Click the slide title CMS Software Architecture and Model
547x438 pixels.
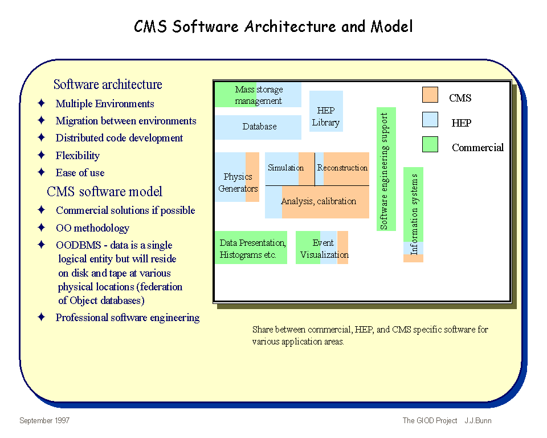(273, 27)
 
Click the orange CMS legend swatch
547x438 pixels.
(430, 95)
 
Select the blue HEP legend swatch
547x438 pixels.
(430, 119)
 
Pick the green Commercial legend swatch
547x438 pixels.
(430, 144)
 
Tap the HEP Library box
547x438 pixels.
(326, 111)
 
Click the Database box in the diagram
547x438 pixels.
(258, 128)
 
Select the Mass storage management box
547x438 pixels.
(258, 95)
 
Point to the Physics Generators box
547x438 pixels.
(237, 177)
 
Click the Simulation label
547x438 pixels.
(285, 168)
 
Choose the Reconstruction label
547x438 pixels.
(342, 168)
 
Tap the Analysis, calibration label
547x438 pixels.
(319, 201)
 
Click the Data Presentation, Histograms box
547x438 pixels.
(251, 248)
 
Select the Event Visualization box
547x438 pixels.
(322, 248)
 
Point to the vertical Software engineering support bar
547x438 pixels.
(386, 169)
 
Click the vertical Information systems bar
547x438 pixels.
(414, 214)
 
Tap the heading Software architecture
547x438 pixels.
(108, 84)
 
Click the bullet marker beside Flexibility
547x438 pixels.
(42, 155)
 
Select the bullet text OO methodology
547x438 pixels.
(92, 228)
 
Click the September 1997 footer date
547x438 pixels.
(44, 420)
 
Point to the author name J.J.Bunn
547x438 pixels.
(478, 420)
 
